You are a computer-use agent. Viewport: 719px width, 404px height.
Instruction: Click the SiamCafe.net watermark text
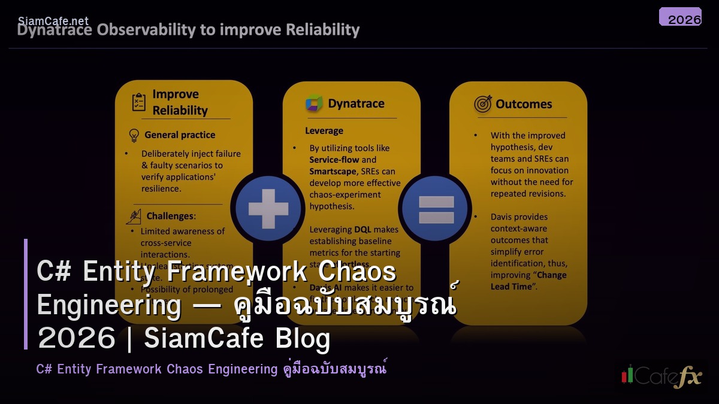tap(53, 21)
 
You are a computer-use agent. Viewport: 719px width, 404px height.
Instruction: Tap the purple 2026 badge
tap(680, 17)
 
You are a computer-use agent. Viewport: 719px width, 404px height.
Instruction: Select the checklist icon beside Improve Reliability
tap(139, 102)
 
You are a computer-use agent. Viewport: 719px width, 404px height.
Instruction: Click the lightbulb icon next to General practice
tap(134, 135)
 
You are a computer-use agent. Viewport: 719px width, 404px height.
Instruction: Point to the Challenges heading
tap(171, 215)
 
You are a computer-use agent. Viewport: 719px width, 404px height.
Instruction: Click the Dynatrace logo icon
tap(314, 104)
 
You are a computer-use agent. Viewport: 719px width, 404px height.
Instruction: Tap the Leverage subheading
tap(324, 130)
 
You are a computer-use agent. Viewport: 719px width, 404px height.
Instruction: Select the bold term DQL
tap(362, 229)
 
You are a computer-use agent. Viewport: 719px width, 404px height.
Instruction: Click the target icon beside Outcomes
tap(483, 104)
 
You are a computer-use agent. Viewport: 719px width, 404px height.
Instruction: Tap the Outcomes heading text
tap(524, 104)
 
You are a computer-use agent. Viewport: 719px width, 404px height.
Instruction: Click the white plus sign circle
tap(268, 209)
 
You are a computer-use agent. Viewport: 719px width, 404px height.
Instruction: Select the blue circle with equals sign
tap(436, 209)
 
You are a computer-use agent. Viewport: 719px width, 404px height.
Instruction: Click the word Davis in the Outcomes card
tap(503, 217)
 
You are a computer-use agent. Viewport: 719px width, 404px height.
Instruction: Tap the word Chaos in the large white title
tap(357, 271)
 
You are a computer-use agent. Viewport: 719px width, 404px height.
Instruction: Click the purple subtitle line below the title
tap(211, 369)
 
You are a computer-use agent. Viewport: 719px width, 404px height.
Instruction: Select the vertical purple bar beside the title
tap(26, 293)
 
